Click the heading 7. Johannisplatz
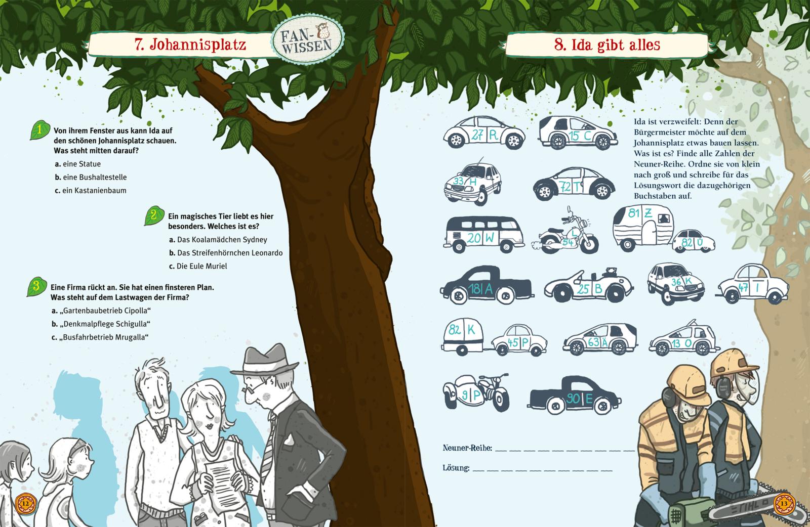tap(190, 45)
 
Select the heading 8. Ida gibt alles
tap(607, 45)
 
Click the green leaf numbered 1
tap(39, 130)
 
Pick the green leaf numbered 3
tap(35, 286)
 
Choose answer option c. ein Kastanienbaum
tap(91, 191)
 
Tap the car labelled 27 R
tap(483, 134)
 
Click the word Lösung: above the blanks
tap(456, 468)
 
